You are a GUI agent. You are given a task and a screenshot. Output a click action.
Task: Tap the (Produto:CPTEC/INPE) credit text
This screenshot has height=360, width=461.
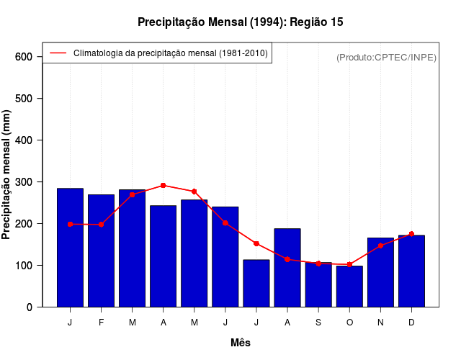tap(386, 57)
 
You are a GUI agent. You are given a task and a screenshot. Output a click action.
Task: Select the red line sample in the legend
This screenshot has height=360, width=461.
tap(58, 53)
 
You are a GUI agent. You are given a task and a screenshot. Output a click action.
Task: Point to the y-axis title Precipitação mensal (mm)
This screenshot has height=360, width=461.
tap(7, 174)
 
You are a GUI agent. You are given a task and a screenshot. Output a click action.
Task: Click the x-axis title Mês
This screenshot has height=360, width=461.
tap(241, 343)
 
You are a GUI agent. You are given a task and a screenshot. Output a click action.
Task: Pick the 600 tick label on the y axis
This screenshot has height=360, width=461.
tap(24, 57)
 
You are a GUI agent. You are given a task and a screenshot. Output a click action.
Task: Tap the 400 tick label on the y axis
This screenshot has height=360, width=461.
tap(24, 140)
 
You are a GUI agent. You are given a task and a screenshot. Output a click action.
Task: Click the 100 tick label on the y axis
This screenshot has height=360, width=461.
tap(24, 266)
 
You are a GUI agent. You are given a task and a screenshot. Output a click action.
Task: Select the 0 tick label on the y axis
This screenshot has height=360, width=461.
tap(29, 307)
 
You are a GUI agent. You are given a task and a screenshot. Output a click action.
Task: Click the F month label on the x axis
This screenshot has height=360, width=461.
tap(101, 323)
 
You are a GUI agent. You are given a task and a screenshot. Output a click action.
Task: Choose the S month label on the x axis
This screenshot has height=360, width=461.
tap(318, 323)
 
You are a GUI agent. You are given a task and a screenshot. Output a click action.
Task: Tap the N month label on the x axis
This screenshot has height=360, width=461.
tap(380, 323)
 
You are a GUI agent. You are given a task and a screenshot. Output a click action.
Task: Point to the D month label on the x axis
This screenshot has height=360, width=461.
tap(411, 323)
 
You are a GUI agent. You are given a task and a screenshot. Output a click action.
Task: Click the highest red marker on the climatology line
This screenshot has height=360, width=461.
tap(164, 185)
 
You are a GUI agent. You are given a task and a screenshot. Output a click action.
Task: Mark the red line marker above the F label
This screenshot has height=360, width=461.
tap(101, 225)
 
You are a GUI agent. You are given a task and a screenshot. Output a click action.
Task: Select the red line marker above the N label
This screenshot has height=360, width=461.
tap(380, 246)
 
